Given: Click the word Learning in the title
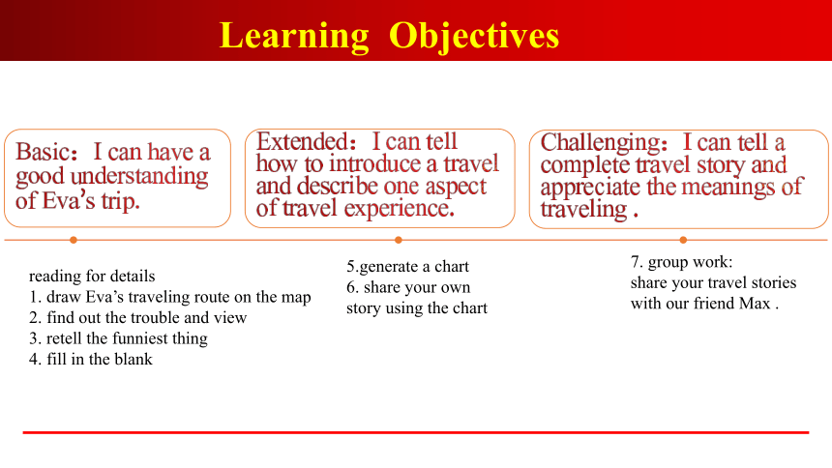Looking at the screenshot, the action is pyautogui.click(x=294, y=36).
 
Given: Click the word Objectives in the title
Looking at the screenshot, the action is pyautogui.click(x=474, y=37).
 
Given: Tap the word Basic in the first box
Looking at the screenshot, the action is pyautogui.click(x=42, y=152).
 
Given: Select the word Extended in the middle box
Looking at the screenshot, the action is pyautogui.click(x=302, y=142).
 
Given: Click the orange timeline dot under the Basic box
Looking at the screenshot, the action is pyautogui.click(x=74, y=241).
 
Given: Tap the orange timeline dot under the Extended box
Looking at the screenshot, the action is pyautogui.click(x=398, y=241).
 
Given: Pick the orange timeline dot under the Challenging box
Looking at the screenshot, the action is pyautogui.click(x=683, y=241).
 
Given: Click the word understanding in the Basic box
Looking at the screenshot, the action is pyautogui.click(x=139, y=177).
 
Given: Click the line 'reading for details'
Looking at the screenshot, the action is pyautogui.click(x=92, y=276).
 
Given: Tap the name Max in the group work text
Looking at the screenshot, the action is pyautogui.click(x=755, y=303).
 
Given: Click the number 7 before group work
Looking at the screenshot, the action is pyautogui.click(x=635, y=262).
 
